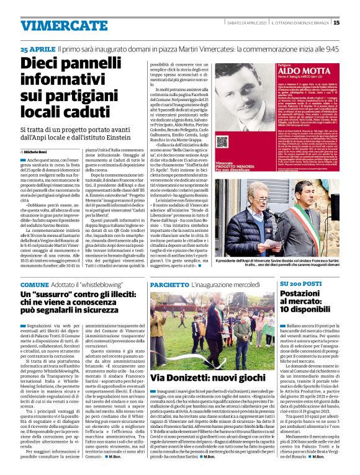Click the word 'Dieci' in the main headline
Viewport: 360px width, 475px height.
[47, 64]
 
